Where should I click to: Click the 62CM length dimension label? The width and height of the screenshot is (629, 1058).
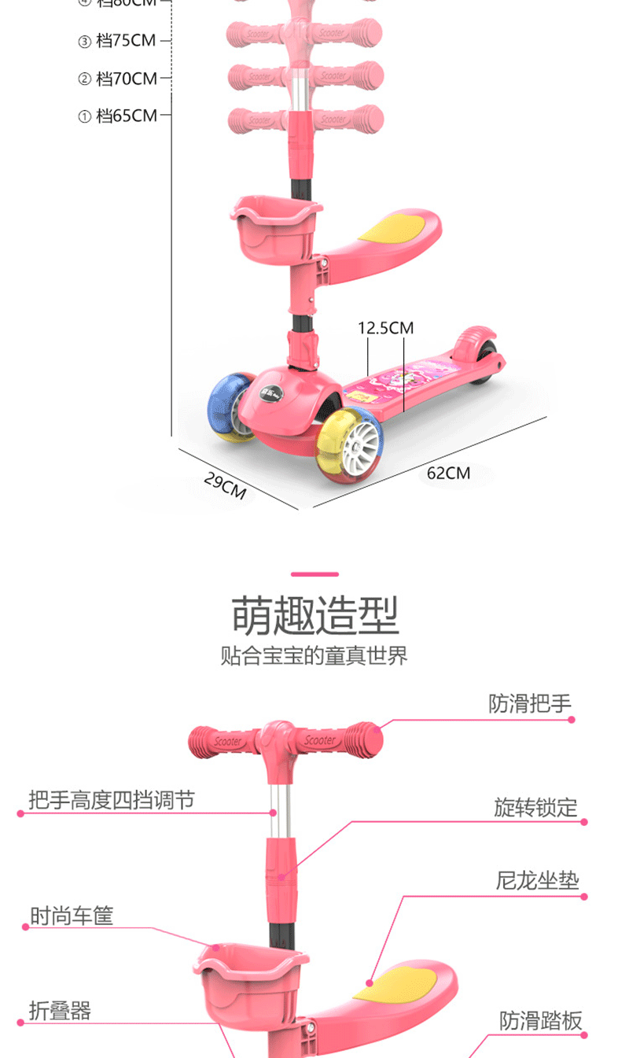pyautogui.click(x=448, y=473)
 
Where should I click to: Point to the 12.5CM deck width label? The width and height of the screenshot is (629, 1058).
pyautogui.click(x=386, y=327)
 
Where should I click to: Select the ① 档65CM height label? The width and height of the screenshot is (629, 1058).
pyautogui.click(x=118, y=116)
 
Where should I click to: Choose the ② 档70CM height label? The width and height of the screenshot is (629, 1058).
pyautogui.click(x=118, y=79)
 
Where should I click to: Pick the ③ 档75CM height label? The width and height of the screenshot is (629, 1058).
pyautogui.click(x=117, y=41)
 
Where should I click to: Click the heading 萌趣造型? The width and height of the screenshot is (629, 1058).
pyautogui.click(x=314, y=615)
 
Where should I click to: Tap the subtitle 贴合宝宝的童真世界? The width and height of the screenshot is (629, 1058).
pyautogui.click(x=314, y=656)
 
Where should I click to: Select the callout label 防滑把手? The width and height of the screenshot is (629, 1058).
pyautogui.click(x=530, y=703)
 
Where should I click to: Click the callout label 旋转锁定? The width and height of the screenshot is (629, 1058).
pyautogui.click(x=535, y=808)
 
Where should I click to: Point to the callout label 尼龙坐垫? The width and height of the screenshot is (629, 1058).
pyautogui.click(x=537, y=880)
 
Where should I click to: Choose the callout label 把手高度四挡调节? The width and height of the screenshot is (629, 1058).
pyautogui.click(x=111, y=801)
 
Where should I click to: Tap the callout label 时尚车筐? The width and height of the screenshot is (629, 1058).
pyautogui.click(x=72, y=916)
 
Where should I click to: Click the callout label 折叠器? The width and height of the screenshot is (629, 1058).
pyautogui.click(x=60, y=1011)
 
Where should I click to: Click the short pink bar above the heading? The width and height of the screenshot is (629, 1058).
pyautogui.click(x=314, y=574)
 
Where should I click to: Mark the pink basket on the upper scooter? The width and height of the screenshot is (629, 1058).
pyautogui.click(x=275, y=230)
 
